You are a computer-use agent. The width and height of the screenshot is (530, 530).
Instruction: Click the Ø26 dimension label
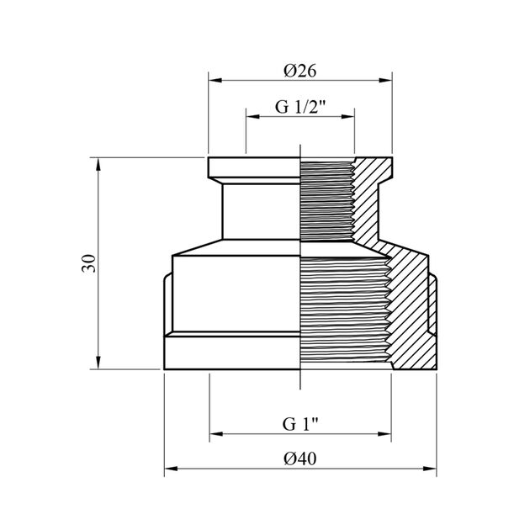[300, 71]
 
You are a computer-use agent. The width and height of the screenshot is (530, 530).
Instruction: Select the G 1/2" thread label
[300, 107]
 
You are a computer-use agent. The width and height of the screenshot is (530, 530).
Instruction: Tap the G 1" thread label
[300, 424]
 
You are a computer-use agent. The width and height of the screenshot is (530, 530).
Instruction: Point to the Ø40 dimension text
[300, 458]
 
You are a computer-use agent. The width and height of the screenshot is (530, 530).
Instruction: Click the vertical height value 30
[88, 263]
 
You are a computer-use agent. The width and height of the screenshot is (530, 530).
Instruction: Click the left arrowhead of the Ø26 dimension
[215, 81]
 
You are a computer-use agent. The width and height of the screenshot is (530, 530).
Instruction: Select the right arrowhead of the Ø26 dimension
[385, 81]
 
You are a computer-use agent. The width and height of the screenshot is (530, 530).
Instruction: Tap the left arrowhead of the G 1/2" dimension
[253, 117]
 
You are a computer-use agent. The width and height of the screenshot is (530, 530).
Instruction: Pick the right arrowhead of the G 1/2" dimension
[347, 117]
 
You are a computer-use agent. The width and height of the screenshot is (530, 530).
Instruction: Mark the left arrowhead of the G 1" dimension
[216, 433]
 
